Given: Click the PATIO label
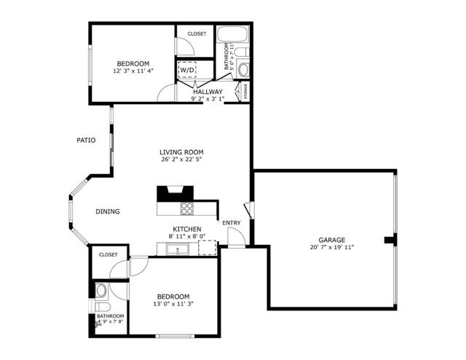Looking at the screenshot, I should click(87, 140).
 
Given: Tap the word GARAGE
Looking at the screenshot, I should click(331, 240).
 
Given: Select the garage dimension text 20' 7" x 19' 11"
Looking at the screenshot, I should click(331, 247).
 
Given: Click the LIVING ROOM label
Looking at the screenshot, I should click(181, 152).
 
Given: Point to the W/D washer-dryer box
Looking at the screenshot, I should click(189, 70).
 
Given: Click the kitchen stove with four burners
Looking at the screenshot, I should click(187, 208).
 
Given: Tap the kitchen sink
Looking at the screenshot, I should click(177, 250).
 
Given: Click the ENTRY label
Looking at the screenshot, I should click(231, 223).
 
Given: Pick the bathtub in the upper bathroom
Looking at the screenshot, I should click(234, 34).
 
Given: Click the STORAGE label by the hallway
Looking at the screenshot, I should click(245, 92).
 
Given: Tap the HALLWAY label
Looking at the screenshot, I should click(208, 92).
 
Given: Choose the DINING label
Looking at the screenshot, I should click(107, 212).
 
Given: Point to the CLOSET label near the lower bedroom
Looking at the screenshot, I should click(108, 255).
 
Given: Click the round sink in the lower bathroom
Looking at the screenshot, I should click(103, 290).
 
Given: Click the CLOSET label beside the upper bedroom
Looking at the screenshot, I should click(197, 34).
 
